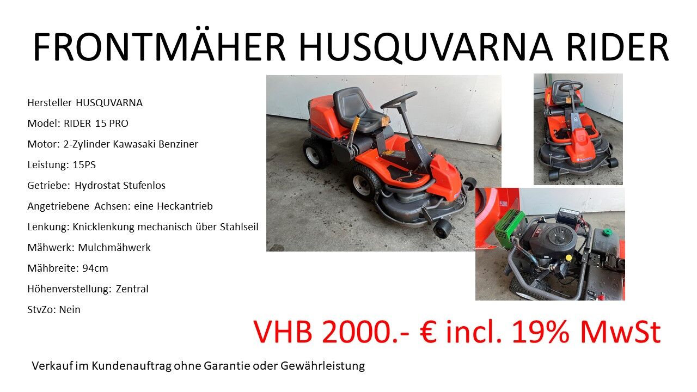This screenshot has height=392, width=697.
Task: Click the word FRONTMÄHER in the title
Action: [159, 47]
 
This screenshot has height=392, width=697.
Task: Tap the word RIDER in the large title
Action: [617, 47]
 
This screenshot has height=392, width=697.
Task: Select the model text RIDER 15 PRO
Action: [96, 124]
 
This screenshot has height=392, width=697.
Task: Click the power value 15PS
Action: [84, 164]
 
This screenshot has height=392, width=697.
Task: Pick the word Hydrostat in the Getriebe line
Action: [97, 186]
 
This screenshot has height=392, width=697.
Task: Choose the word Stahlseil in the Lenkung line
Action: [239, 227]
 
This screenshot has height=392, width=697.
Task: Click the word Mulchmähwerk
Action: [114, 247]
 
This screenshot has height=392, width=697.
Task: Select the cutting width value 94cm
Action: [95, 268]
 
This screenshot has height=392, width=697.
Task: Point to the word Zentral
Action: [132, 289]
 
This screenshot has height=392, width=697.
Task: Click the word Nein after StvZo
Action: [70, 310]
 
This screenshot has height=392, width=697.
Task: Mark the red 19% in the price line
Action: [541, 332]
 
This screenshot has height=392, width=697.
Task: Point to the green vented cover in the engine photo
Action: [508, 229]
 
